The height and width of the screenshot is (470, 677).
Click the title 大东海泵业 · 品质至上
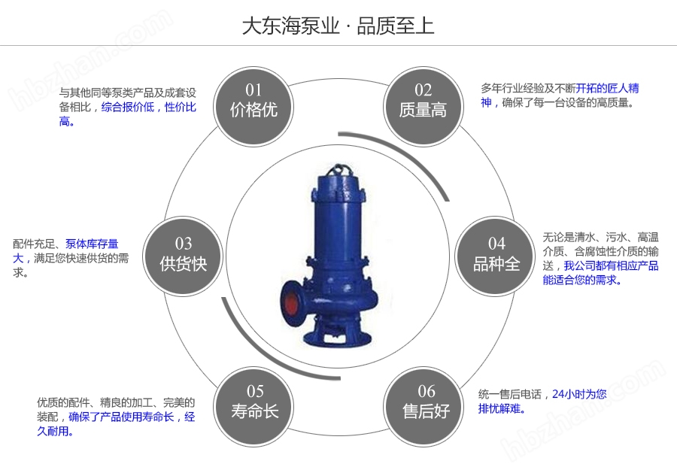(x=338, y=26)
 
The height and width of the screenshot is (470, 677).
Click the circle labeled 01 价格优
(x=253, y=101)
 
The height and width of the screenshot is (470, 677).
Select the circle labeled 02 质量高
(x=423, y=101)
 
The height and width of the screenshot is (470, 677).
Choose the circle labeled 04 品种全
(x=496, y=253)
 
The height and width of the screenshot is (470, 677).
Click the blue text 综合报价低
(x=127, y=108)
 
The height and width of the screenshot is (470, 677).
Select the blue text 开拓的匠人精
(x=607, y=89)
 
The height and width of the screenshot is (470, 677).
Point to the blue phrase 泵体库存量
(x=92, y=244)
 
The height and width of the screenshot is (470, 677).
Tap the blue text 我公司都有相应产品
(x=611, y=265)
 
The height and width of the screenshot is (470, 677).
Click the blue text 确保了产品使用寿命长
(x=121, y=417)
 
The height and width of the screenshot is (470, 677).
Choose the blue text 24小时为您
(x=578, y=394)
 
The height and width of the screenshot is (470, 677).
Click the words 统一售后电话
(x=509, y=394)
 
